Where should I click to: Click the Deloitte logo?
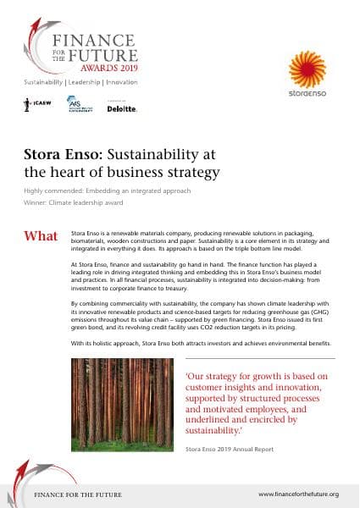123,108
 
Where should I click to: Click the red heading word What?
42,235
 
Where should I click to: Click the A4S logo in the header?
79,104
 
